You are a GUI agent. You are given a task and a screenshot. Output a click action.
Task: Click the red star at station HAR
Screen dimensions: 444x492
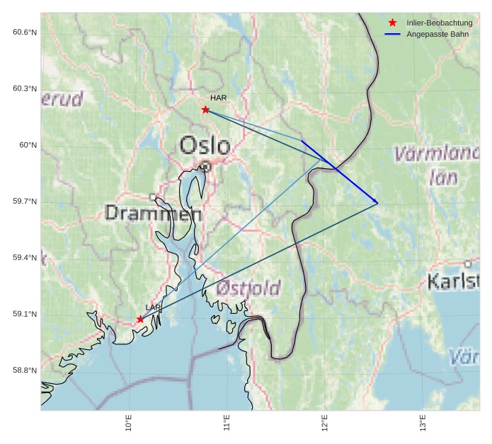click(205, 110)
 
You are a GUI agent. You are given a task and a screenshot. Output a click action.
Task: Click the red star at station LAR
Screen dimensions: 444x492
click(140, 320)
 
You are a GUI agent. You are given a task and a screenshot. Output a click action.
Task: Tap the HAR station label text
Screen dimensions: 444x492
click(218, 98)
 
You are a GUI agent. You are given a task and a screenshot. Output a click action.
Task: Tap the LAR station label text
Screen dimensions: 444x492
click(153, 307)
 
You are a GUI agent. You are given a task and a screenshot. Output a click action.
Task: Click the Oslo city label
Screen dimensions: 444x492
click(205, 146)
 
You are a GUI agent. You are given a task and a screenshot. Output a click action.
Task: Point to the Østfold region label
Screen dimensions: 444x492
click(248, 288)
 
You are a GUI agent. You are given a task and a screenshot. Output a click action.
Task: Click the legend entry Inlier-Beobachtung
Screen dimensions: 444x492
click(439, 23)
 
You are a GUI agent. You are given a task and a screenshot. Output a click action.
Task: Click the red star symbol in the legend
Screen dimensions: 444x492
click(393, 23)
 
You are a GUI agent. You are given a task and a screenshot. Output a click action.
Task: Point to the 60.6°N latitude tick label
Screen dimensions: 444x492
click(25, 33)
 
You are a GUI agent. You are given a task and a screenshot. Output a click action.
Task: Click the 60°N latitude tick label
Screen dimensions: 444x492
click(28, 145)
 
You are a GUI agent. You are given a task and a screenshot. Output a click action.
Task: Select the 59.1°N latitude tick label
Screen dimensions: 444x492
click(25, 314)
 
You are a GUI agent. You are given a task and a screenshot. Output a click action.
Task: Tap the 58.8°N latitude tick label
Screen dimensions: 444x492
click(25, 370)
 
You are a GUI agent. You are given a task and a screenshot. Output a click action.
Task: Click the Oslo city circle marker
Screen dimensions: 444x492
click(205, 166)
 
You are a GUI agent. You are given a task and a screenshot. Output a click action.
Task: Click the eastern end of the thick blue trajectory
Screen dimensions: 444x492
click(378, 204)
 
